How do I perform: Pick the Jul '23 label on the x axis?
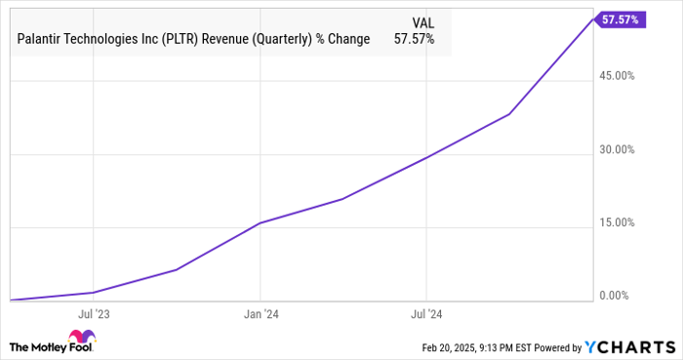pos(93,314)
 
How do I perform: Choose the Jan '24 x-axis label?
pos(260,314)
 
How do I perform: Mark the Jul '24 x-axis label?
pos(426,314)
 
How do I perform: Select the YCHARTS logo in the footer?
pos(628,347)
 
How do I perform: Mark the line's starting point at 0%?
pos(10,300)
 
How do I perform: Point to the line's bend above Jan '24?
pos(260,223)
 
